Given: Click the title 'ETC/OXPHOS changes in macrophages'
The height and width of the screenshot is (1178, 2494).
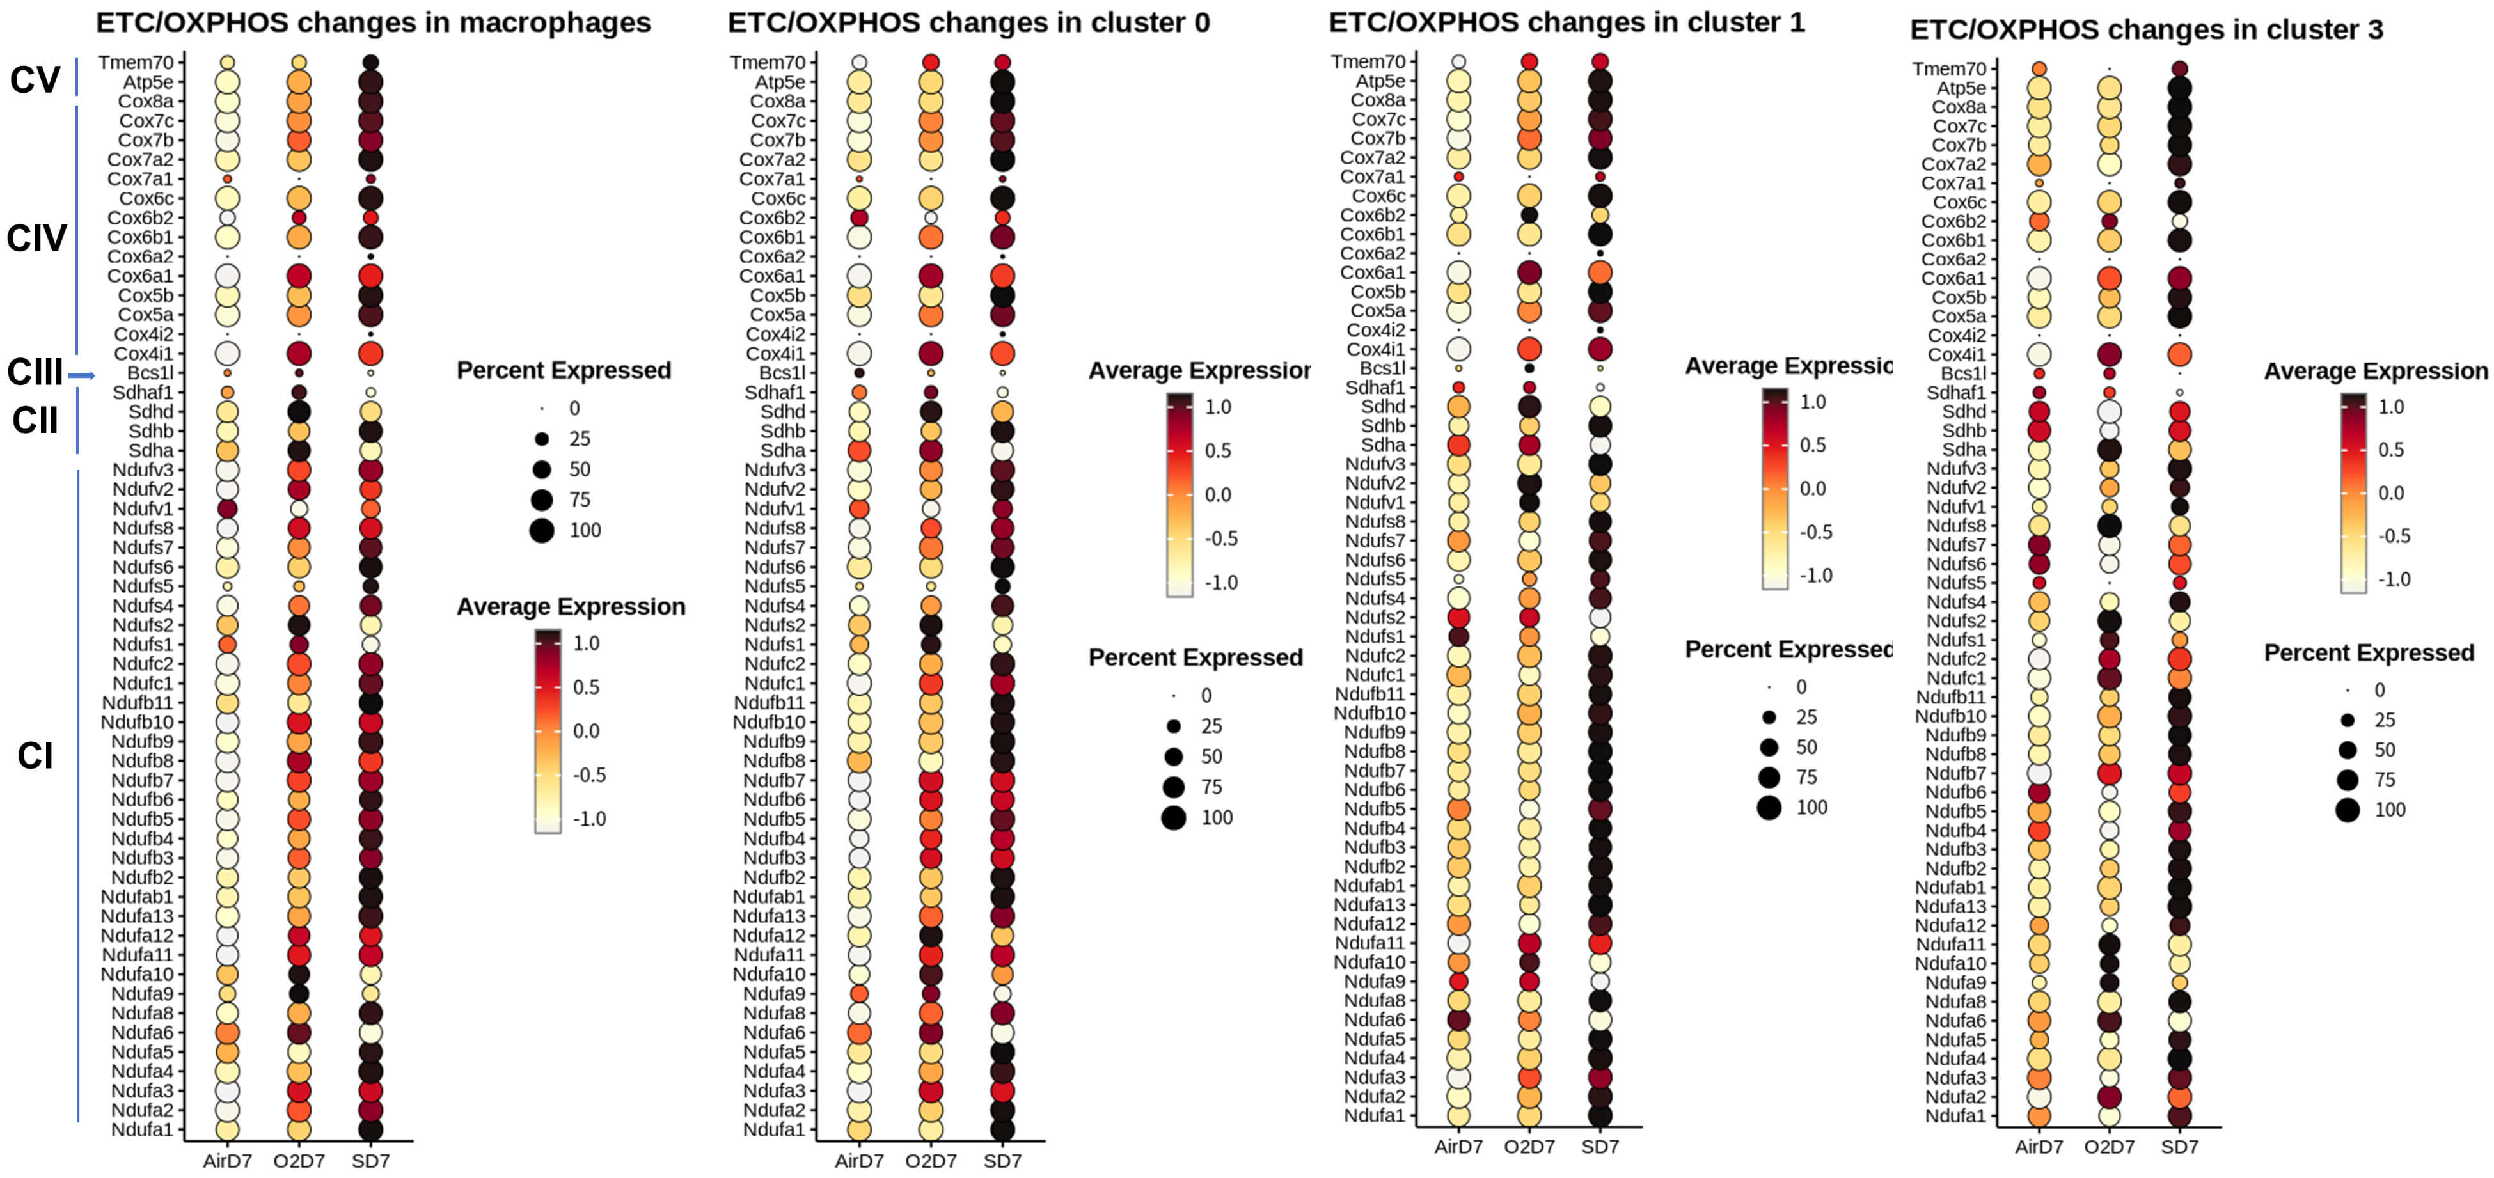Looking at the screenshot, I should (373, 22).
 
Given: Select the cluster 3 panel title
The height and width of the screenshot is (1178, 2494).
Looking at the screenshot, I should (2145, 30).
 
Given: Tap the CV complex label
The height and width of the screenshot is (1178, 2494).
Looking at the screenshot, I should (35, 79).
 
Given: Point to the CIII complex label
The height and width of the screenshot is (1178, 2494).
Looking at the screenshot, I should (35, 372).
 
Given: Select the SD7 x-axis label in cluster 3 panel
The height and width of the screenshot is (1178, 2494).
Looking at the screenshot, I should (2179, 1147).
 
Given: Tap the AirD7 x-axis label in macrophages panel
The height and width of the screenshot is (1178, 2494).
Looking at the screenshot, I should (228, 1161).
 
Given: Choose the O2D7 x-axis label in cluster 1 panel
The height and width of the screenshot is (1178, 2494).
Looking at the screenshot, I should (1529, 1147).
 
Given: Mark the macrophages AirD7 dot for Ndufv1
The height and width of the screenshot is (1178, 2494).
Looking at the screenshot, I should (228, 508).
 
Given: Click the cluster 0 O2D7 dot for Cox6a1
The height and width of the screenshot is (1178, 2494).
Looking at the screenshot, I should (931, 276).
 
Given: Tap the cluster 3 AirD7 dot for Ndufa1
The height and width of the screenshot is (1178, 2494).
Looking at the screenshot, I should (2039, 1116).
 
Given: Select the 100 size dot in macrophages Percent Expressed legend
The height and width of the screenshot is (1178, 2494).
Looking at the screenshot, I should (542, 530).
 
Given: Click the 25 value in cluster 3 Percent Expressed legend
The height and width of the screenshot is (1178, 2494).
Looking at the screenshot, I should (2385, 720).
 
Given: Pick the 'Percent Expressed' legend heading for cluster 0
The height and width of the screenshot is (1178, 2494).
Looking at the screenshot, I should (1195, 658).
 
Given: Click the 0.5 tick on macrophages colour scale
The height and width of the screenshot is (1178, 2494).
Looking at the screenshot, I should (586, 687).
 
